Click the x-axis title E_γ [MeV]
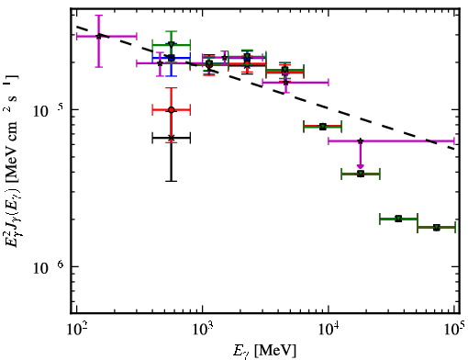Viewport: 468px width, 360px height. tap(264, 350)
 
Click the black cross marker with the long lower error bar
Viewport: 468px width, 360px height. tap(172, 138)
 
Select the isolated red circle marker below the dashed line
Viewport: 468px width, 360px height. tap(172, 109)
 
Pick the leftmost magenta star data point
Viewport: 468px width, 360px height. tap(98, 37)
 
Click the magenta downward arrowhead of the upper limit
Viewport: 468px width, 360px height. tap(361, 166)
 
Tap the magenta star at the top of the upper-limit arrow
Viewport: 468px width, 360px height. tap(361, 141)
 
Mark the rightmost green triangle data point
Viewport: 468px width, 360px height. tap(437, 228)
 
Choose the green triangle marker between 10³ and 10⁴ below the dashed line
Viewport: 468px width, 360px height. tap(323, 127)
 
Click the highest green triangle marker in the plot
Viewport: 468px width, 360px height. tap(172, 44)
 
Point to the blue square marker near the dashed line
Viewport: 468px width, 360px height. tap(172, 58)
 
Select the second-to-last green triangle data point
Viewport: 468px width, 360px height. tap(398, 219)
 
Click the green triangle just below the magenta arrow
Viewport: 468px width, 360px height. tap(361, 174)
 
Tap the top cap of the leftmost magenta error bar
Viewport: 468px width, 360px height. tap(98, 15)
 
